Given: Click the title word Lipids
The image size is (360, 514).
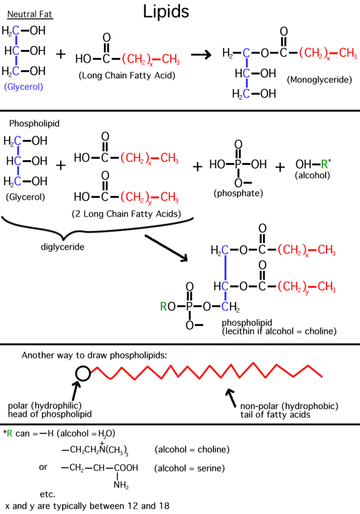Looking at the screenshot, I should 166,11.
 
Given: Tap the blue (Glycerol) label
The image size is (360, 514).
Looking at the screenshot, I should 23,87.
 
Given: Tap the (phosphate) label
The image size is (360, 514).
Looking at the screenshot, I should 238,193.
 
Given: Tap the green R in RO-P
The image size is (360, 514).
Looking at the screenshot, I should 164,307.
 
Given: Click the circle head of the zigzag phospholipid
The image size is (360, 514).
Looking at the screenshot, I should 83,374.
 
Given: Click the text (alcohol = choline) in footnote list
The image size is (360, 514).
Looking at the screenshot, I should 191,449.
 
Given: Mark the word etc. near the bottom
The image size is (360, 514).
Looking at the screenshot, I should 47,494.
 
